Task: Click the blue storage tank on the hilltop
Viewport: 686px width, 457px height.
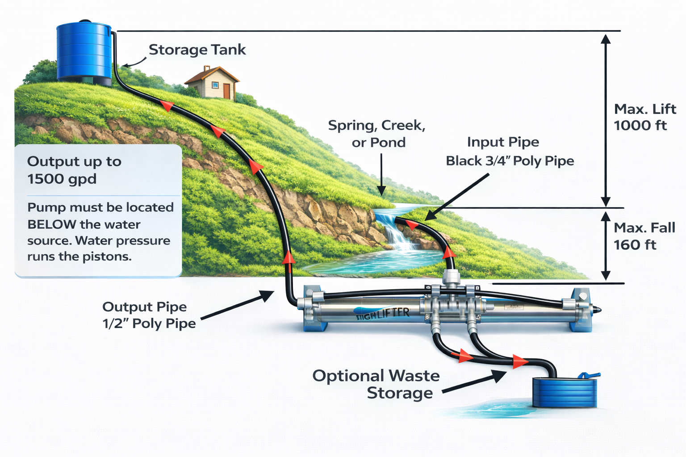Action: (84, 52)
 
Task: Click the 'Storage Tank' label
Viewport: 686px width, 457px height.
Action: (197, 50)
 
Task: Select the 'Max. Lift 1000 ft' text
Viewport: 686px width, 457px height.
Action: (644, 117)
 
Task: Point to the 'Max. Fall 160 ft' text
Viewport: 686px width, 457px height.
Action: (644, 236)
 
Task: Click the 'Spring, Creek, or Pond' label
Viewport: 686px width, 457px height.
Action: (377, 133)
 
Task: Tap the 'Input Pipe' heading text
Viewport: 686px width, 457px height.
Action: (503, 142)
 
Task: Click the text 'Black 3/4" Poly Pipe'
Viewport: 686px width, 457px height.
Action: (510, 161)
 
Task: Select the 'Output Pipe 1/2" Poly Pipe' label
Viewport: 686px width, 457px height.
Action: (149, 315)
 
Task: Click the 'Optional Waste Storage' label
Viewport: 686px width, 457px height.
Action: (376, 384)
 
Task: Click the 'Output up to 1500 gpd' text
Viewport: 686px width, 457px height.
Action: (74, 170)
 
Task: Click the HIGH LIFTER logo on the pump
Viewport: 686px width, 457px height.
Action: (383, 314)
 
